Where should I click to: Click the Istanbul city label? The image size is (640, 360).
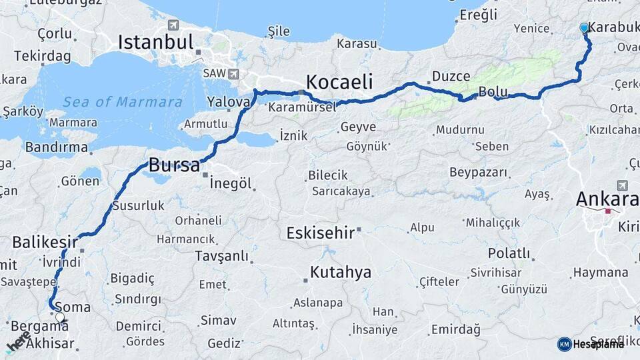coord(155,41)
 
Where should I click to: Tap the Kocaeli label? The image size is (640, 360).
coord(339,81)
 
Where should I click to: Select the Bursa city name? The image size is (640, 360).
coord(174,165)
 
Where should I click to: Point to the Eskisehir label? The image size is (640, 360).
coord(319,233)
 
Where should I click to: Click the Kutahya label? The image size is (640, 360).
coord(341,272)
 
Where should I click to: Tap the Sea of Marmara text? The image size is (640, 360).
coord(122,102)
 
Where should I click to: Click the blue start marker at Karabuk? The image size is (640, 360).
coord(584,28)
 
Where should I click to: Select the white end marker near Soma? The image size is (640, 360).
coord(60,317)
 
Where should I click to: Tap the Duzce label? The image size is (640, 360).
coord(451,76)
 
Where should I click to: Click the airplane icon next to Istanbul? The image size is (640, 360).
coord(173,25)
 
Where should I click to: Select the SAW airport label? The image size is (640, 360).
coord(213,73)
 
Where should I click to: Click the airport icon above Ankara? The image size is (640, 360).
coord(622,185)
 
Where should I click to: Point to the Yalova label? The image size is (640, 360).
coord(228,102)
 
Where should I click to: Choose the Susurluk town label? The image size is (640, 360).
coord(138,205)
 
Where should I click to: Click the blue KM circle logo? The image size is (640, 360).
coord(564,344)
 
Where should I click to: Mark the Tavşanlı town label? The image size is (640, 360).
coord(222,256)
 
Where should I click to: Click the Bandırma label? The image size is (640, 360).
coord(56,147)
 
